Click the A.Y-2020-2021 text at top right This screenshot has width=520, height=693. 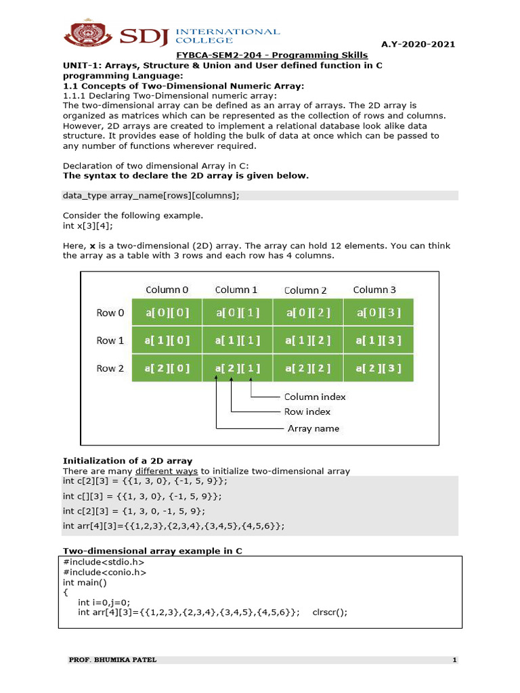pyautogui.click(x=418, y=44)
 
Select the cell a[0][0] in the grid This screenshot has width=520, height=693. pyautogui.click(x=167, y=313)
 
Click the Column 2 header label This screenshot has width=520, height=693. pyautogui.click(x=305, y=290)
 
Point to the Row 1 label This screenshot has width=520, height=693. pyautogui.click(x=110, y=340)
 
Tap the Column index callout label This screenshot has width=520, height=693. pyautogui.click(x=315, y=397)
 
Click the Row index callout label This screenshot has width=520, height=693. pyautogui.click(x=307, y=411)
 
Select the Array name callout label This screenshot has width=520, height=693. pyautogui.click(x=313, y=428)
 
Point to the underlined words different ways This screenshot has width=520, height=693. pyautogui.click(x=167, y=471)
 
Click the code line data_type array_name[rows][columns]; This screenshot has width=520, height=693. pyautogui.click(x=151, y=196)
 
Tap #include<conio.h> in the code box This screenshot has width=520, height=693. pyautogui.click(x=104, y=572)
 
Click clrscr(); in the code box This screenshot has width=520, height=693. pyautogui.click(x=330, y=612)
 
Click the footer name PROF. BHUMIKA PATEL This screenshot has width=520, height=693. pyautogui.click(x=112, y=660)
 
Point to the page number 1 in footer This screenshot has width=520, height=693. pyautogui.click(x=455, y=660)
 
